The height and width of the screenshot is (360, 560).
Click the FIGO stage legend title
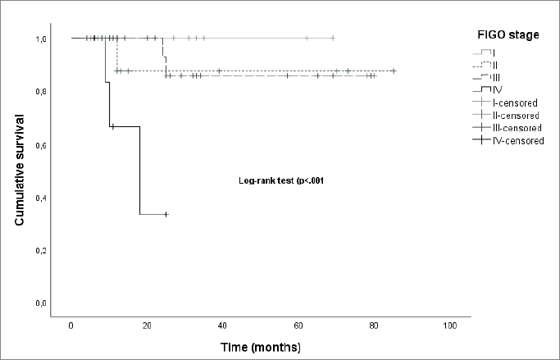point(508,35)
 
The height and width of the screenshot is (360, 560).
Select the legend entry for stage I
point(494,52)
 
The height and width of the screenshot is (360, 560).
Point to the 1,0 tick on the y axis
point(39,39)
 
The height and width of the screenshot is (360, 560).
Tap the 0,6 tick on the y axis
point(39,145)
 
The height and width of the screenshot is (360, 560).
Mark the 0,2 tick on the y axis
point(39,251)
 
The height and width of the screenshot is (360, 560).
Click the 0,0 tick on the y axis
point(39,304)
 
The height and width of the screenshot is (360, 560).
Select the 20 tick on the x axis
point(147,326)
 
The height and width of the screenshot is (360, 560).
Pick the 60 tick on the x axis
point(298,326)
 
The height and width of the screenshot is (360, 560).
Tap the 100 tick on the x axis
point(449,326)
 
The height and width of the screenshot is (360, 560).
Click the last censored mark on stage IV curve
point(166,214)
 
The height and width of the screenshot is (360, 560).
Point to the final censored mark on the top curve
point(333,38)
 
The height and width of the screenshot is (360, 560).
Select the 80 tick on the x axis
point(374,326)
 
